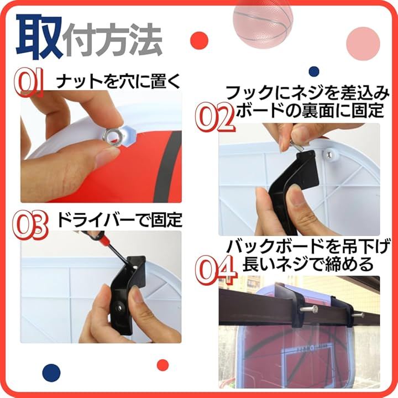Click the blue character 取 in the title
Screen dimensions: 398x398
pos(39,37)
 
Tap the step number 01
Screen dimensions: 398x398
pos(28,83)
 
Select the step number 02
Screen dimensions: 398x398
pos(214,117)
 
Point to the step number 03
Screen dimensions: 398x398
pos(30,225)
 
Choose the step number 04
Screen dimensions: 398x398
pos(216,270)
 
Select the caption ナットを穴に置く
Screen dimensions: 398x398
pos(118,81)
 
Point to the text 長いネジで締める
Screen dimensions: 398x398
pos(308,264)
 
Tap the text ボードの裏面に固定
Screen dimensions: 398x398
pos(310,111)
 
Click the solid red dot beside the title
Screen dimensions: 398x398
pos(199,40)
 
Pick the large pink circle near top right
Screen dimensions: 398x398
pos(363,44)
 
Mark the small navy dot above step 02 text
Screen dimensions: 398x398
pos(314,71)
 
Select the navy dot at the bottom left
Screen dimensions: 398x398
pos(51,373)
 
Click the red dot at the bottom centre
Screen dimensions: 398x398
pos(163,365)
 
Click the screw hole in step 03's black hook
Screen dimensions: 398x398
pos(118,308)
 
